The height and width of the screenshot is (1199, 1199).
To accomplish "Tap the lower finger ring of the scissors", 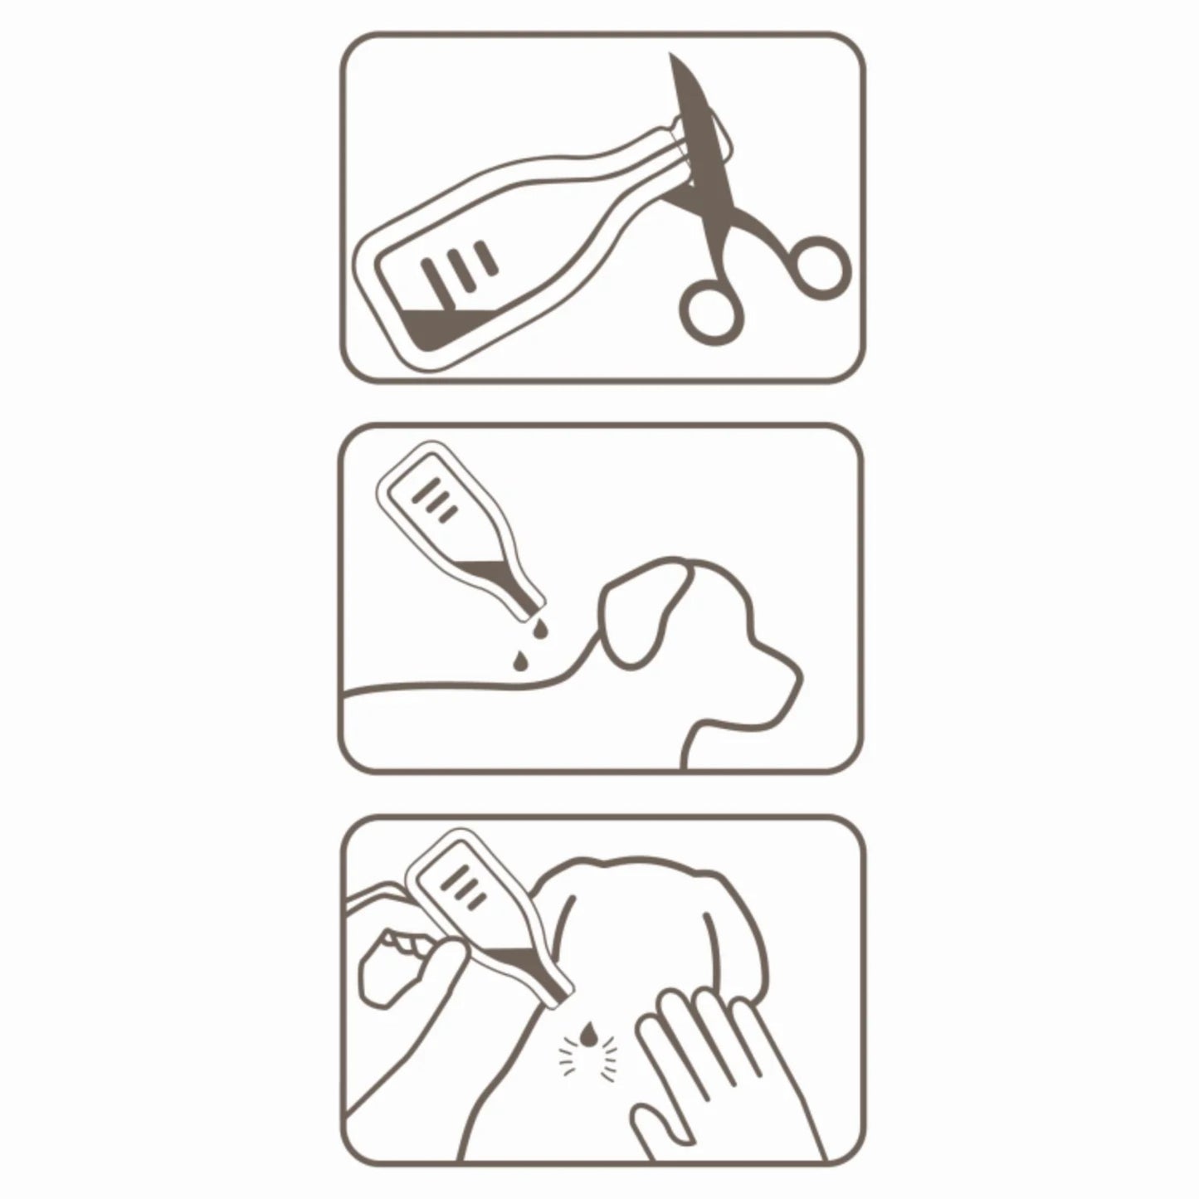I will tap(709, 312).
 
